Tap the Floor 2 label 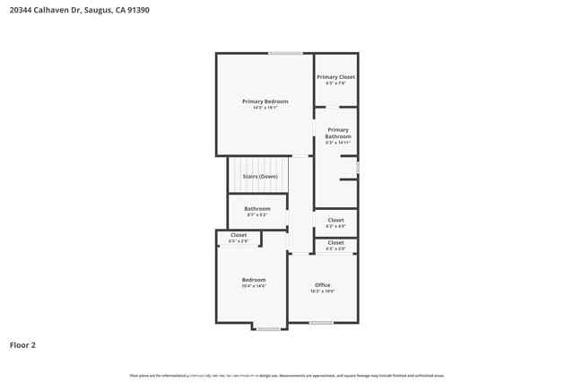pos(23,344)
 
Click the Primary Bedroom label pos(265,101)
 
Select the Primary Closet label pos(335,77)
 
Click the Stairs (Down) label pos(260,176)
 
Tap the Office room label pos(323,285)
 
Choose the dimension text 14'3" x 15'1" pos(265,109)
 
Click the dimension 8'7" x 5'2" pos(257,215)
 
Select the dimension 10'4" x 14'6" pos(254,286)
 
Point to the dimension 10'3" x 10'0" pos(323,292)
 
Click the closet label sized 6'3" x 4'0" pos(335,220)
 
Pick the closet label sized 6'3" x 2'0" pos(335,243)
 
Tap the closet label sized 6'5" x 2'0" pos(239,235)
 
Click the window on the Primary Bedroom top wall pos(285,53)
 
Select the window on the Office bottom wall pos(321,323)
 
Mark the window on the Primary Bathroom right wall pos(357,167)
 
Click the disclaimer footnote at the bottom pos(287,376)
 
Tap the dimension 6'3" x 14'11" pos(338,143)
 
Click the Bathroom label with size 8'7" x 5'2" pos(257,209)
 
